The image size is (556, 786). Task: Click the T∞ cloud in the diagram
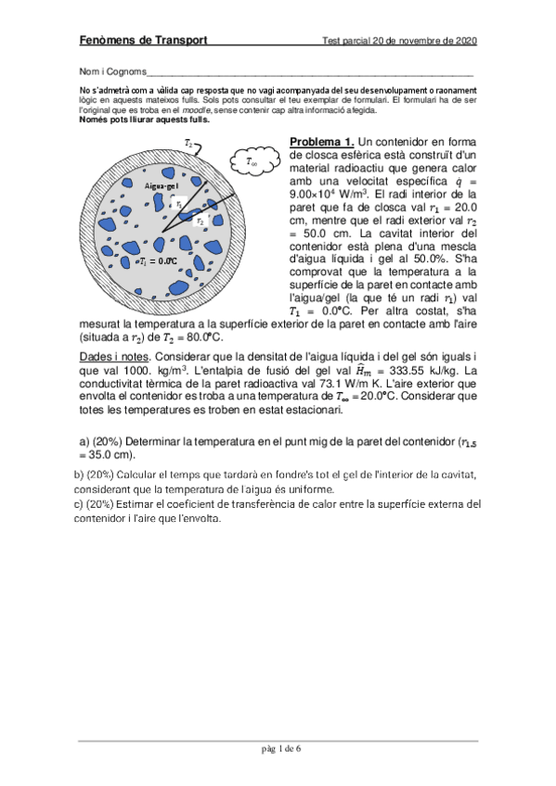click(x=252, y=161)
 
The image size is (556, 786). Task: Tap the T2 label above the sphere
click(x=188, y=144)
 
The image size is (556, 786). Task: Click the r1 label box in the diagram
click(x=178, y=205)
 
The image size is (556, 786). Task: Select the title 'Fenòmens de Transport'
click(x=142, y=41)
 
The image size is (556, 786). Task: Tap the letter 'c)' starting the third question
click(x=77, y=504)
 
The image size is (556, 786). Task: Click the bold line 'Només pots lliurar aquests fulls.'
click(x=145, y=119)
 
